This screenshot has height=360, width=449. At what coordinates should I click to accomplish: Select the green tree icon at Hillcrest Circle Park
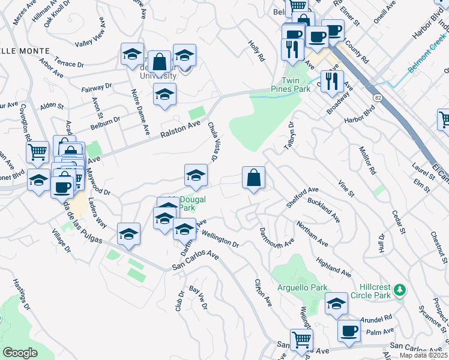coord(400,291)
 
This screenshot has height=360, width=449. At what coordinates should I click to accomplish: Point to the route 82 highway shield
coord(377,97)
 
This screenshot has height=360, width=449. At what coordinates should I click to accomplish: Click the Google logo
coord(20,353)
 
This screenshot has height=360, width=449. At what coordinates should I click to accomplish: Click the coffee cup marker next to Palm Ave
coord(349,331)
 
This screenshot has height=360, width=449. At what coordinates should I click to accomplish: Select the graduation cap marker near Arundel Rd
coord(337,305)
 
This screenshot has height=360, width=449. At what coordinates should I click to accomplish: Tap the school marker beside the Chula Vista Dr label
coord(196,175)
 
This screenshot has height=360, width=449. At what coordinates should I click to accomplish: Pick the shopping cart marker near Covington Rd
coord(37,152)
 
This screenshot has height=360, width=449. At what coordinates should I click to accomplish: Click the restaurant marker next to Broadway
coord(332,80)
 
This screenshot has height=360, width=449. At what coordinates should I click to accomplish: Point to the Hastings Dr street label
coord(20,294)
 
